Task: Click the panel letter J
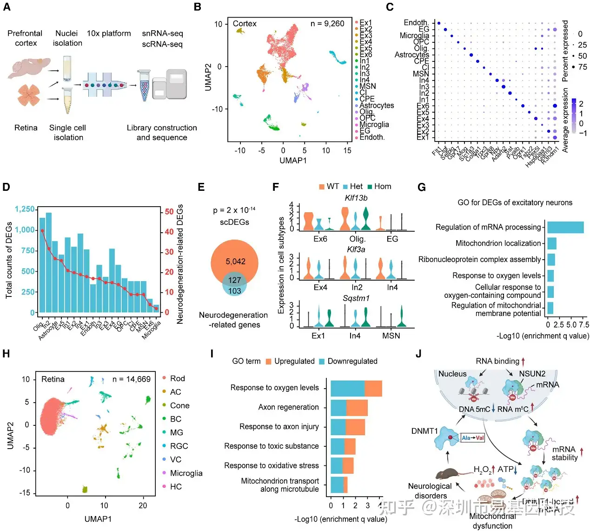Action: pos(418,354)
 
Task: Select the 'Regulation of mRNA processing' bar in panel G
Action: pos(565,227)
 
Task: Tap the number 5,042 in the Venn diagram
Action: pos(235,262)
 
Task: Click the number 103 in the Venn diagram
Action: pos(234,291)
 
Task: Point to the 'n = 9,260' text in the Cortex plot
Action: pos(327,24)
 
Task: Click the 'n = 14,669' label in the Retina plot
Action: pos(132,379)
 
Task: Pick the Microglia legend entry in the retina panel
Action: pos(186,473)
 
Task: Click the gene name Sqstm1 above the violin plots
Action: pos(356,298)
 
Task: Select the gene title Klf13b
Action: pos(356,198)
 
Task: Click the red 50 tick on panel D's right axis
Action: pos(169,211)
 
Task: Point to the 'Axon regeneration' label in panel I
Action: pos(288,407)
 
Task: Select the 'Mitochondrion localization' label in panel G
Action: pos(498,243)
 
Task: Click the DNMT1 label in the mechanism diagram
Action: pos(424,431)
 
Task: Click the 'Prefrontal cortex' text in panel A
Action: pos(25,38)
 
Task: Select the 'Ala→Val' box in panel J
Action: pos(473,438)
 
